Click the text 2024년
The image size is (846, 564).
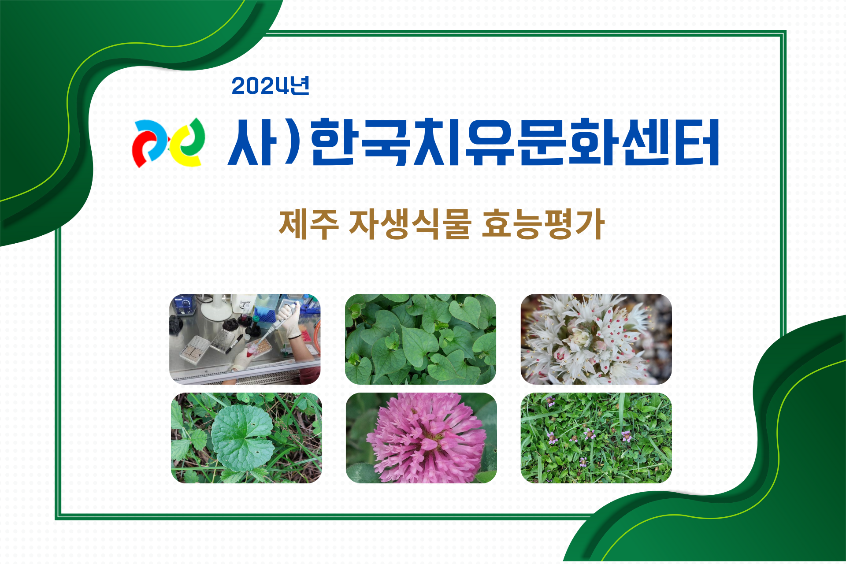[271, 85]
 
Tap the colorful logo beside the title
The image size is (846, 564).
[169, 143]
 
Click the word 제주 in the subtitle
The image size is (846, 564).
[309, 224]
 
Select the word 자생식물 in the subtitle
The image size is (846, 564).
[410, 224]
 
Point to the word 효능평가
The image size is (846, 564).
[543, 224]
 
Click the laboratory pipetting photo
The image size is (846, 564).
[245, 339]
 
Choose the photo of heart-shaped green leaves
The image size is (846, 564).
[420, 339]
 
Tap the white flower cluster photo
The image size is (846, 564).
[596, 339]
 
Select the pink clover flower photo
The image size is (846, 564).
[421, 438]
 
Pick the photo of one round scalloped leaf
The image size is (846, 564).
[246, 438]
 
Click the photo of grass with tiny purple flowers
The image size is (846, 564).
[596, 438]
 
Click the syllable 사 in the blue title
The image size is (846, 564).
[252, 142]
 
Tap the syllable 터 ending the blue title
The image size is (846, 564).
[695, 142]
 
